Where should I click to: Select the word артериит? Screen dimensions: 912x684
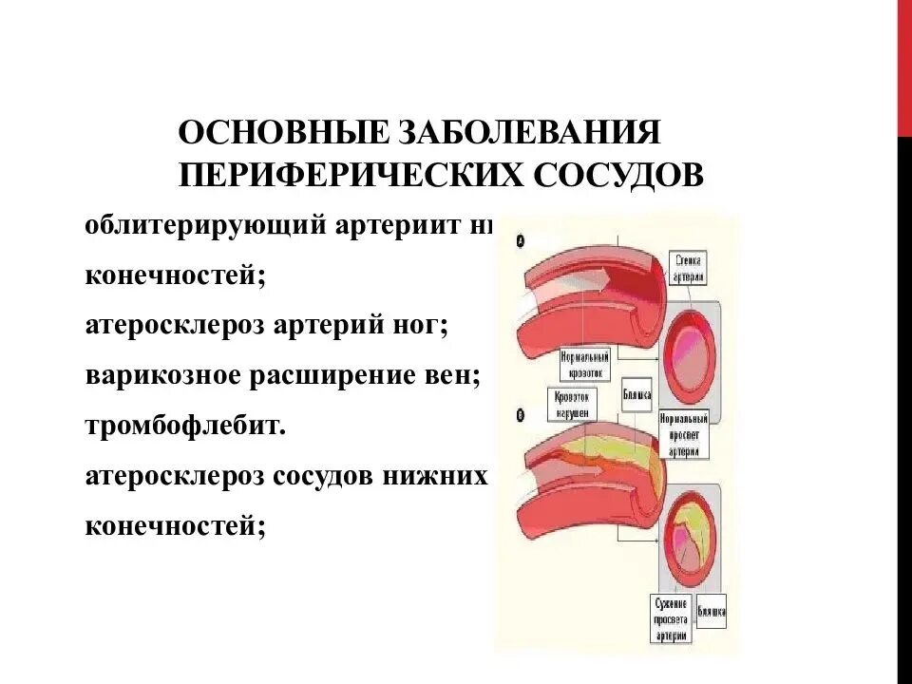pos(394,229)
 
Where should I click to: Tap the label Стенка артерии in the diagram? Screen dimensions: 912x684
pos(689,267)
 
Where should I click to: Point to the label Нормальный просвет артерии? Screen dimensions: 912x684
pos(683,432)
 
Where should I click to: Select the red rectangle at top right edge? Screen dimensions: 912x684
pos(903,66)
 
